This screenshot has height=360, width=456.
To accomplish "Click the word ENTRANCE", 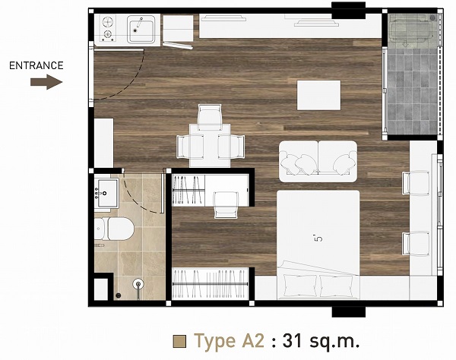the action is (36, 65).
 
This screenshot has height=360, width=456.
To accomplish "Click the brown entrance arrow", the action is (46, 82).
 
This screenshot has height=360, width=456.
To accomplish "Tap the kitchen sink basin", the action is (141, 30).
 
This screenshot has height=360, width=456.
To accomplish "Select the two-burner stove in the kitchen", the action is (108, 28).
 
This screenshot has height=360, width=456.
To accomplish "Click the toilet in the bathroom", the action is (114, 229).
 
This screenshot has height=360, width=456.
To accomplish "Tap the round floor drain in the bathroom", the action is (119, 295).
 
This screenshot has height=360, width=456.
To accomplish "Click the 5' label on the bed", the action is (318, 238).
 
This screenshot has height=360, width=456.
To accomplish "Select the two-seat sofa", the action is (318, 162).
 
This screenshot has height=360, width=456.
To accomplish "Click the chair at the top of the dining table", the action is (210, 117).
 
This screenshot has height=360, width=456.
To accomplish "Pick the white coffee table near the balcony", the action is (318, 95).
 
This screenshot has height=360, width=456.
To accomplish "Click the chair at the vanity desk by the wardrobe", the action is (226, 205).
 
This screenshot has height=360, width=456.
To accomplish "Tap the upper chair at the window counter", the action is (416, 183).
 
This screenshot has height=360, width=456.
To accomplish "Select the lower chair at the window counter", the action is (416, 244).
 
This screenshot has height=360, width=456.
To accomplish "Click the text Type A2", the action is (230, 341).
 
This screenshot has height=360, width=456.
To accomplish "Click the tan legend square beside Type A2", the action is (179, 342).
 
